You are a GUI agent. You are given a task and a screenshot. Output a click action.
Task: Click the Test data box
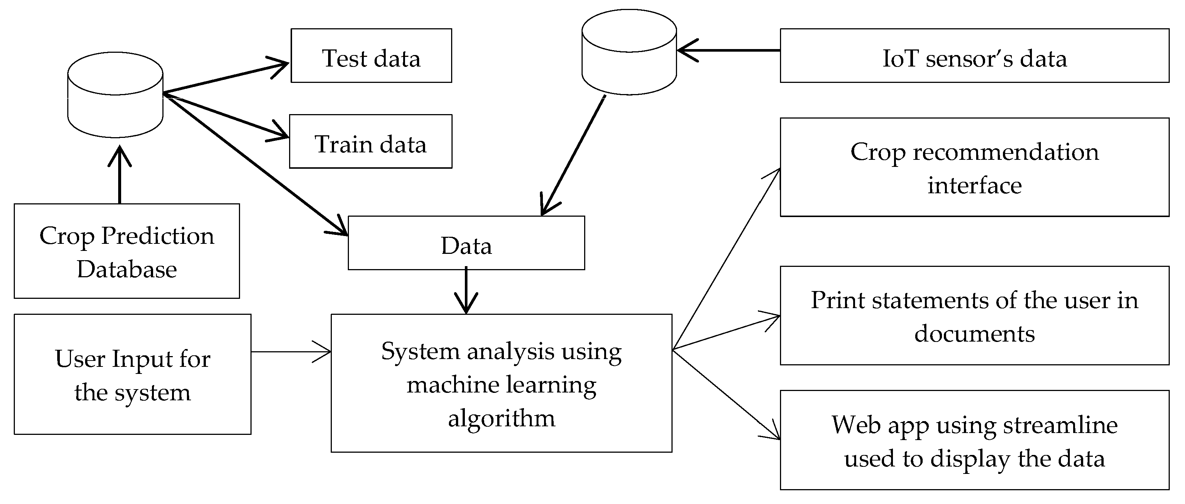coord(371,56)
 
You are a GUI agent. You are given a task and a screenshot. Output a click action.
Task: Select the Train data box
coord(370,142)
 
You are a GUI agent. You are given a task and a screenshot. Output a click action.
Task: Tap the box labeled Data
coord(466,243)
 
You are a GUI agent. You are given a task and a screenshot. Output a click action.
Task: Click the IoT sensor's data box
coord(974,56)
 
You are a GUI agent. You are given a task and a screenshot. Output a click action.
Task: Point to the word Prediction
coord(157,236)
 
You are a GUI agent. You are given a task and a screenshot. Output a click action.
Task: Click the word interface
coord(974,185)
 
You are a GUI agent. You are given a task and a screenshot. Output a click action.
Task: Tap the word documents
coord(974,334)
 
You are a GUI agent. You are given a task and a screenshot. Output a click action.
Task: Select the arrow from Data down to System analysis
coord(466,291)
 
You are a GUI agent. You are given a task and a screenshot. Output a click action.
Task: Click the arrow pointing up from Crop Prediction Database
coord(120,175)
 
